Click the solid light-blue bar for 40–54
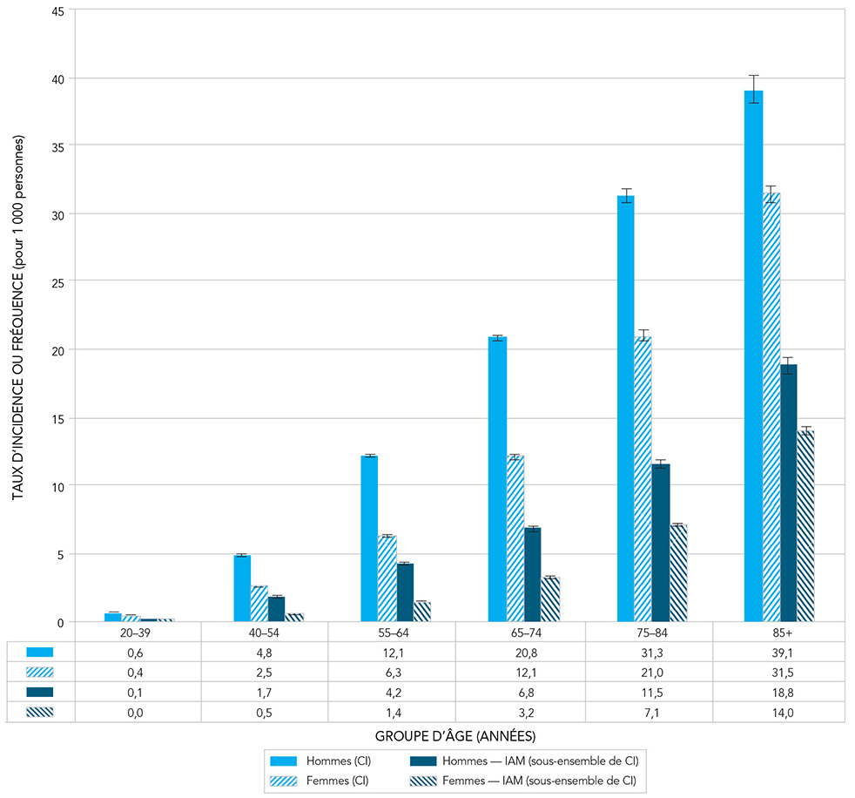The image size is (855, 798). [242, 588]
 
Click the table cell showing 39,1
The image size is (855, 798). [777, 652]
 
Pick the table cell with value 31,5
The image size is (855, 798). [777, 672]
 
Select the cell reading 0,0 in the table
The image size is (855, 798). [138, 711]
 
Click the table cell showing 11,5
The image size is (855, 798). [649, 692]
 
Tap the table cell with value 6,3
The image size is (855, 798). [393, 672]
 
